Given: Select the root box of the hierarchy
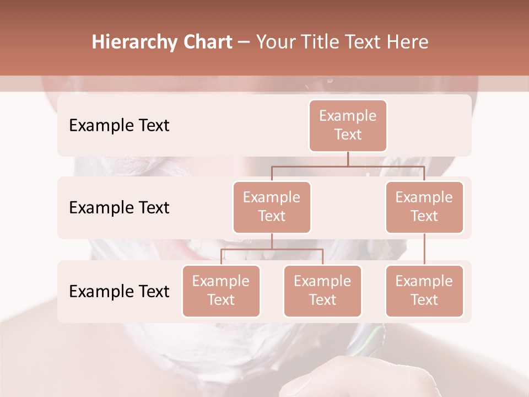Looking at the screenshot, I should coord(348,125).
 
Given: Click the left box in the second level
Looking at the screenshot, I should coord(272,207).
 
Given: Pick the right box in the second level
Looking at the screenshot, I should coord(424,207).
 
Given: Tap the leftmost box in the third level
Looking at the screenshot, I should coord(221,291).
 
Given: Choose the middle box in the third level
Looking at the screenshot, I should coord(322,291).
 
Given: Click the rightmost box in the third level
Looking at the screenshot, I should coord(424,291).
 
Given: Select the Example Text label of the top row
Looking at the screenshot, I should coord(119,125).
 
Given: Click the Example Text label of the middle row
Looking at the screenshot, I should coord(119,207).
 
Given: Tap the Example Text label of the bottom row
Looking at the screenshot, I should coord(119,291).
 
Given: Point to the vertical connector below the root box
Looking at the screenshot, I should coord(348,159).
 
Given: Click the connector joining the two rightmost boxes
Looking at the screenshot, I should coord(424,249).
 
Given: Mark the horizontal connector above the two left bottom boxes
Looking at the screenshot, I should coord(272,249).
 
